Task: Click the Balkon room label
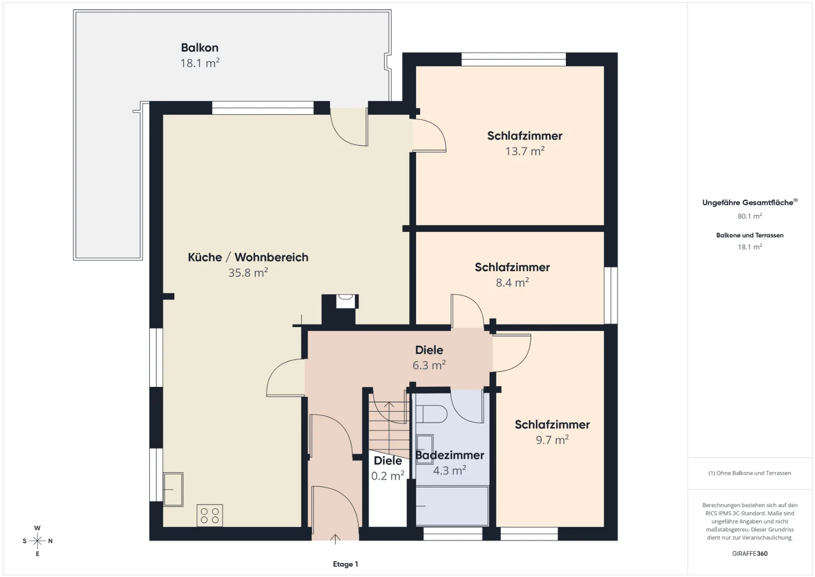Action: coord(200,48)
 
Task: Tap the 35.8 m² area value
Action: coord(248,272)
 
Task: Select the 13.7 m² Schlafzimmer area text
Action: coord(525,151)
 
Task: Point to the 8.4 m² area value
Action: coord(512,282)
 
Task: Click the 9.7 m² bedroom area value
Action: coord(552,439)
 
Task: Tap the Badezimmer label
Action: coord(450,455)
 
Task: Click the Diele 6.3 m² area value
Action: coord(429,365)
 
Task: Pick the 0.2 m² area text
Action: coord(388,476)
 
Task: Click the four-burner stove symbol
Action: coord(209,515)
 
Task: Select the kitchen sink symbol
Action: coord(173,489)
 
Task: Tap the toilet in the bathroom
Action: coord(431,414)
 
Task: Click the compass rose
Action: coord(38,541)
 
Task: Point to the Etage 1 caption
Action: coord(345,564)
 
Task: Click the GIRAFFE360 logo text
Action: coord(749,554)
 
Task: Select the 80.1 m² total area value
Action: coord(749,216)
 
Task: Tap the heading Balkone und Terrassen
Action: coord(749,235)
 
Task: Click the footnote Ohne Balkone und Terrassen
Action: coord(749,473)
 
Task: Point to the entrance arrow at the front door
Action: coord(335,539)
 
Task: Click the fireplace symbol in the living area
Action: coord(345,301)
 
